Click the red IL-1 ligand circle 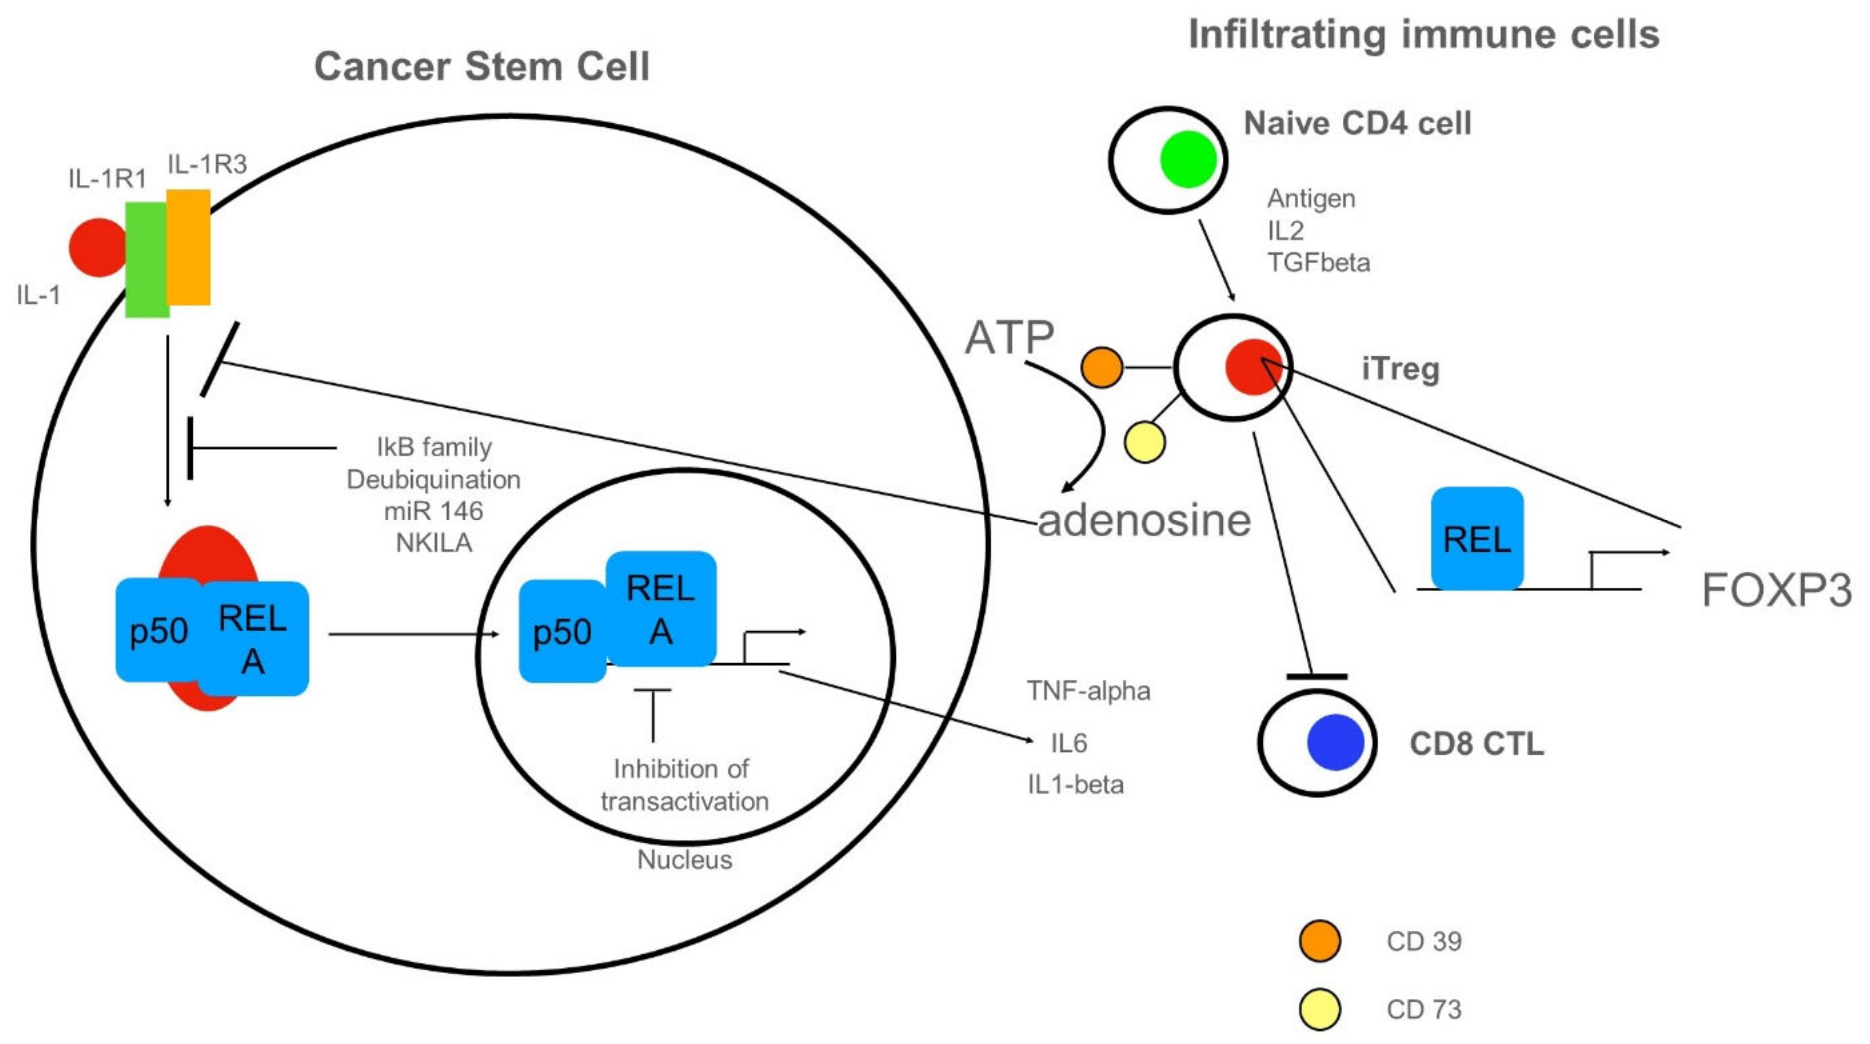(96, 247)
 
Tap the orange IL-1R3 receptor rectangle (189, 247)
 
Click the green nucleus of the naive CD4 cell (1188, 160)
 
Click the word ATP (1009, 338)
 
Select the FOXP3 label (1776, 590)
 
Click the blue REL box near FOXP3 (1477, 538)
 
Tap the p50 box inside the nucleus (562, 632)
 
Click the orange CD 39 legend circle (1319, 941)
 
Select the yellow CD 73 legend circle (1319, 1009)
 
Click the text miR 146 (433, 511)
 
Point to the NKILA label (433, 543)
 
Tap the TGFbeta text (1318, 262)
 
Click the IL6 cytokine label (1069, 743)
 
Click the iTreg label (1400, 369)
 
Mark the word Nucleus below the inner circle (684, 859)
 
